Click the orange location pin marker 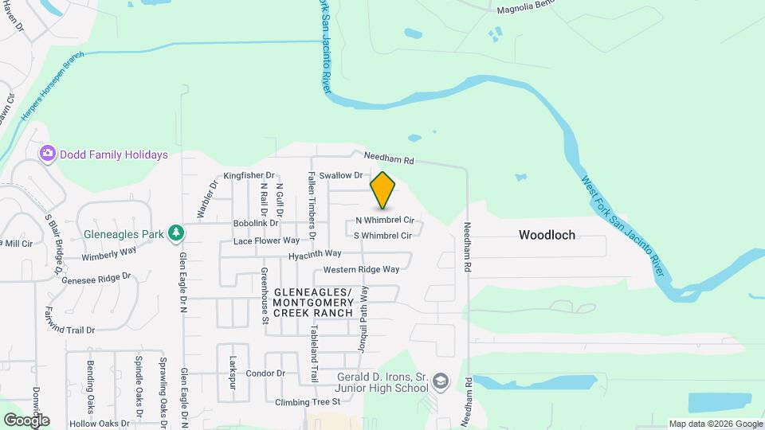(x=383, y=190)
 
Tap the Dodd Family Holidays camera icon (x=48, y=154)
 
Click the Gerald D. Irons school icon (x=441, y=384)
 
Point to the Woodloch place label (x=547, y=235)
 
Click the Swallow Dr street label (x=340, y=175)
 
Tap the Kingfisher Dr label (x=249, y=175)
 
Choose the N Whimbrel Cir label (x=385, y=220)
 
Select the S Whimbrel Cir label (x=382, y=236)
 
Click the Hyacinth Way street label (x=315, y=253)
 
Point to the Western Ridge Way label (x=361, y=269)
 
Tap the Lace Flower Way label (x=266, y=240)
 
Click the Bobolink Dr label (x=255, y=224)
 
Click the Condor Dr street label (x=265, y=373)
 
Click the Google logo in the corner (x=26, y=420)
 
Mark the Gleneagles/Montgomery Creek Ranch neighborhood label (x=312, y=303)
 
